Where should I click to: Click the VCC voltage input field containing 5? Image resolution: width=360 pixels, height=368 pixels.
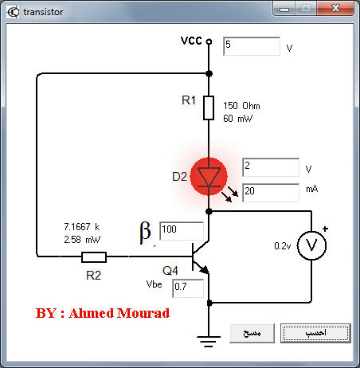[x=252, y=46]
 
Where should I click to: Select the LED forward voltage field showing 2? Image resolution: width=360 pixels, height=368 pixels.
[x=271, y=167]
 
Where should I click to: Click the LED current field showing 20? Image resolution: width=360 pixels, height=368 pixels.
[x=271, y=193]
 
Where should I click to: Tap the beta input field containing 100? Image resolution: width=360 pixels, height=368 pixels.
[x=182, y=231]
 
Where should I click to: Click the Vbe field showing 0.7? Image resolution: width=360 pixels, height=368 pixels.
[x=188, y=288]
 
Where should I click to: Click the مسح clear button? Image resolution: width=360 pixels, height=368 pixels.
[x=252, y=333]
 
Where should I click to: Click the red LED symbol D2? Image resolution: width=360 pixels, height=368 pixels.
[x=209, y=177]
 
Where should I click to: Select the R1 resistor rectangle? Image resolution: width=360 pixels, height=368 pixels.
[x=209, y=108]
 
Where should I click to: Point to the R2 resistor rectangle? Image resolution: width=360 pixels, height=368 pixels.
[x=94, y=257]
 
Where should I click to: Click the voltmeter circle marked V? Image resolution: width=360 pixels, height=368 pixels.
[x=311, y=245]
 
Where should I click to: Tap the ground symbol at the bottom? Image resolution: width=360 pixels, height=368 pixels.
[x=209, y=342]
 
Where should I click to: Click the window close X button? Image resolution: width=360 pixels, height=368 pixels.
[x=335, y=8]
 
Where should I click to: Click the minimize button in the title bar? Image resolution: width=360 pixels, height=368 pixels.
[x=284, y=9]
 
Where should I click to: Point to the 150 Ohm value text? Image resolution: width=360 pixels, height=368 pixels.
[x=241, y=106]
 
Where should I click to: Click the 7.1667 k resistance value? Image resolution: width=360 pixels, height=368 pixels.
[x=82, y=227]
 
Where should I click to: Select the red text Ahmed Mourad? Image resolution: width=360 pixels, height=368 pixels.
[x=119, y=313]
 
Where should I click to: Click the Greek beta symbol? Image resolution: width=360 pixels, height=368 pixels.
[x=145, y=233]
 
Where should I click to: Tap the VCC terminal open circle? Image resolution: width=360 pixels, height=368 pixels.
[x=209, y=41]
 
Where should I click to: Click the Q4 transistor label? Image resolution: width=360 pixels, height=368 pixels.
[x=170, y=271]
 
